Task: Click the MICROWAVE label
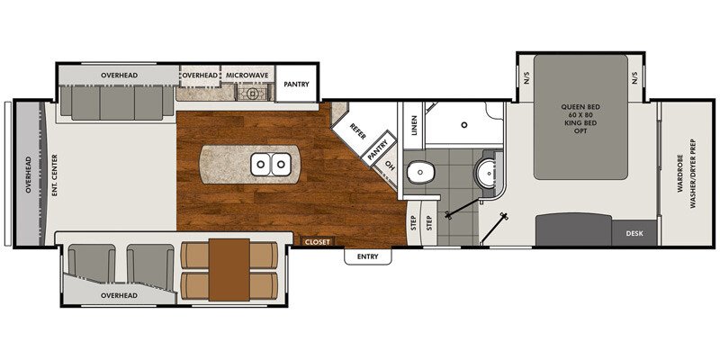point(245,74)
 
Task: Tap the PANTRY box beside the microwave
point(296,85)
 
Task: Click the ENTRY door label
point(368,257)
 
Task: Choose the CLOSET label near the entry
point(318,241)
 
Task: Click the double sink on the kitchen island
point(271,164)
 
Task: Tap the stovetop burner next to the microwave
point(253,92)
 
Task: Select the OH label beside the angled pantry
point(390,165)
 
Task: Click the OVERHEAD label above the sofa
point(119,74)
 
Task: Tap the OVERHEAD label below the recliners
point(118,295)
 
